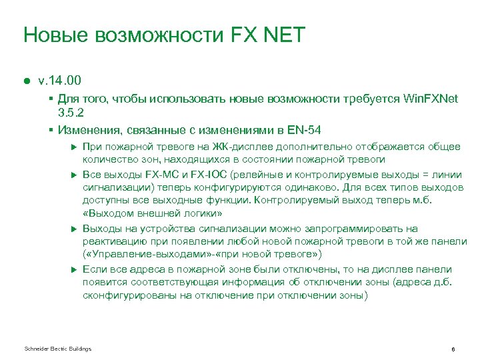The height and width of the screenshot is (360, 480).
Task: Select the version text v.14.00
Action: pyautogui.click(x=59, y=81)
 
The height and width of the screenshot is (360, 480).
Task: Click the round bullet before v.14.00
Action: pyautogui.click(x=27, y=81)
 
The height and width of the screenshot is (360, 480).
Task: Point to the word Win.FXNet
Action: pyautogui.click(x=431, y=98)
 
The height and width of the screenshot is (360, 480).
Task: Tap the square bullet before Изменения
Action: pyautogui.click(x=51, y=129)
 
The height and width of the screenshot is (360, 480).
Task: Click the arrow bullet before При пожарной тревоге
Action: pyautogui.click(x=74, y=147)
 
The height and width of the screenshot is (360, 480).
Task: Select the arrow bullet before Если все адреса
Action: pyautogui.click(x=74, y=269)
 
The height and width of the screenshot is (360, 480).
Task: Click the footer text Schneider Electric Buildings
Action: pyautogui.click(x=57, y=349)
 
